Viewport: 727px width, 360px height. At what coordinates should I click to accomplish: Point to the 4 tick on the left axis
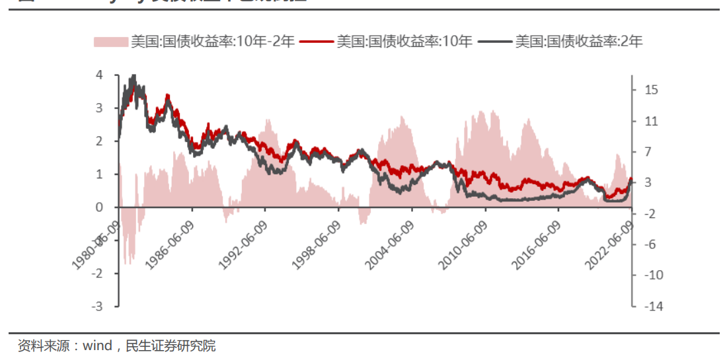tap(99, 75)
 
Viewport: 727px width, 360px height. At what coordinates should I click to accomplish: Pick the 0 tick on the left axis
tap(99, 207)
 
